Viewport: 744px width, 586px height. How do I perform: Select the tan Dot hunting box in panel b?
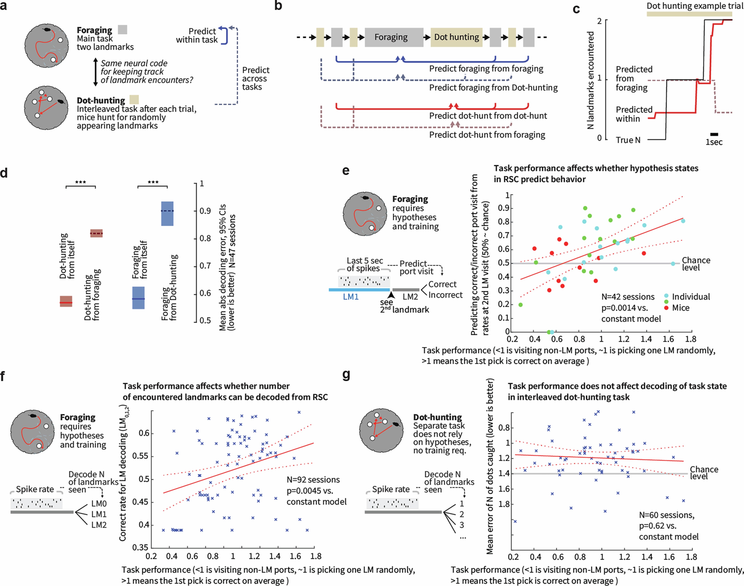pos(456,37)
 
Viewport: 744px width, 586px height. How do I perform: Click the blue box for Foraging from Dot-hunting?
pos(167,213)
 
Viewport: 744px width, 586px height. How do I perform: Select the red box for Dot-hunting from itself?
pos(66,301)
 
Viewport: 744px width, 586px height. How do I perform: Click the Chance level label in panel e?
pos(696,264)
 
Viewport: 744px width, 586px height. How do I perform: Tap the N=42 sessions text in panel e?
pos(628,297)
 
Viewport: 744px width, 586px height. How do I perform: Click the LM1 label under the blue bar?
pos(351,297)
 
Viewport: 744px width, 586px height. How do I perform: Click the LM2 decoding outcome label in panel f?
pos(99,525)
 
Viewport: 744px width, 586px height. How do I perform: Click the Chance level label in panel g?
pos(704,473)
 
